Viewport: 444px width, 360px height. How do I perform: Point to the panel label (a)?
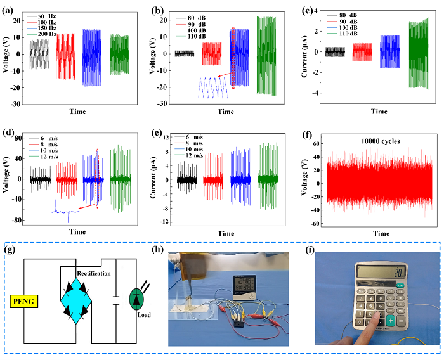tap(9, 8)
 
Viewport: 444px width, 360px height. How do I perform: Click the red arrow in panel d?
tap(87, 207)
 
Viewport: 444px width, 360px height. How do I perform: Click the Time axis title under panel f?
tap(381, 233)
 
